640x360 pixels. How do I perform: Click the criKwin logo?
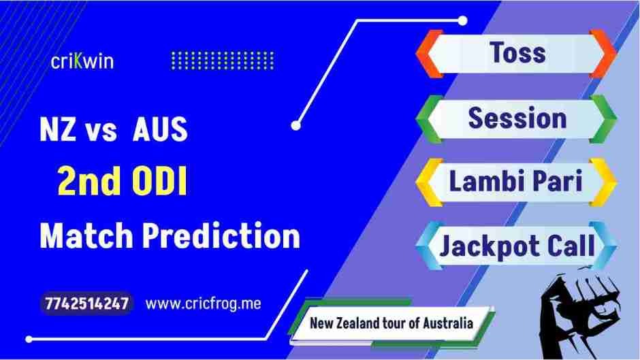pyautogui.click(x=82, y=61)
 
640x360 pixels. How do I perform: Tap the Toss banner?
pyautogui.click(x=517, y=52)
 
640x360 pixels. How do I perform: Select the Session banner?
pyautogui.click(x=517, y=118)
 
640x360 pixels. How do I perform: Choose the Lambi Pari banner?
pyautogui.click(x=517, y=182)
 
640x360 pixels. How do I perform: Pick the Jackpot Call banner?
pyautogui.click(x=517, y=246)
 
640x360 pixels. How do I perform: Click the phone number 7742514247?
pyautogui.click(x=87, y=304)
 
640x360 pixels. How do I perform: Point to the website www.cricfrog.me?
pyautogui.click(x=203, y=304)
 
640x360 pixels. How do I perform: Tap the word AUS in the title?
pyautogui.click(x=159, y=131)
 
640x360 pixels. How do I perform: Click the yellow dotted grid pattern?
pyautogui.click(x=222, y=61)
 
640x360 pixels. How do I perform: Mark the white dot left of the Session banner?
pyautogui.click(x=295, y=125)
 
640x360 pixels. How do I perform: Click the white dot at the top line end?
pyautogui.click(x=463, y=20)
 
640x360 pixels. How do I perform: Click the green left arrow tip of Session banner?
pyautogui.click(x=425, y=118)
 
